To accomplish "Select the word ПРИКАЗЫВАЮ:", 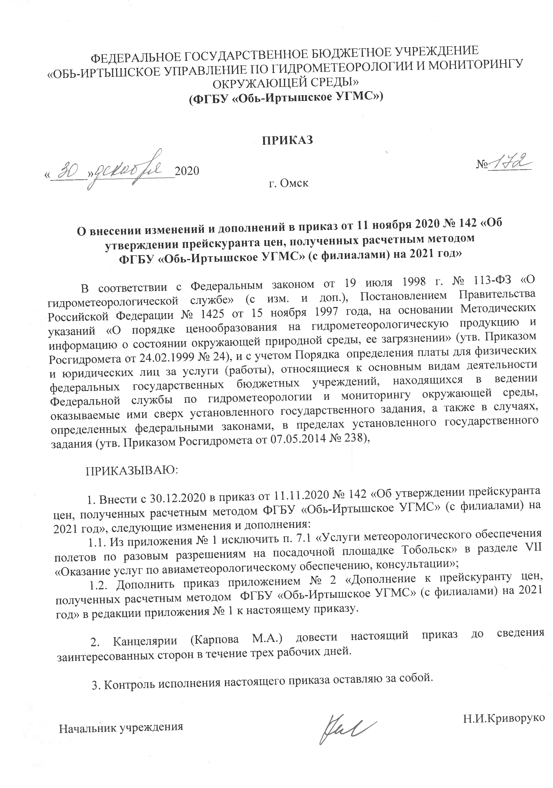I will click(132, 470).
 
